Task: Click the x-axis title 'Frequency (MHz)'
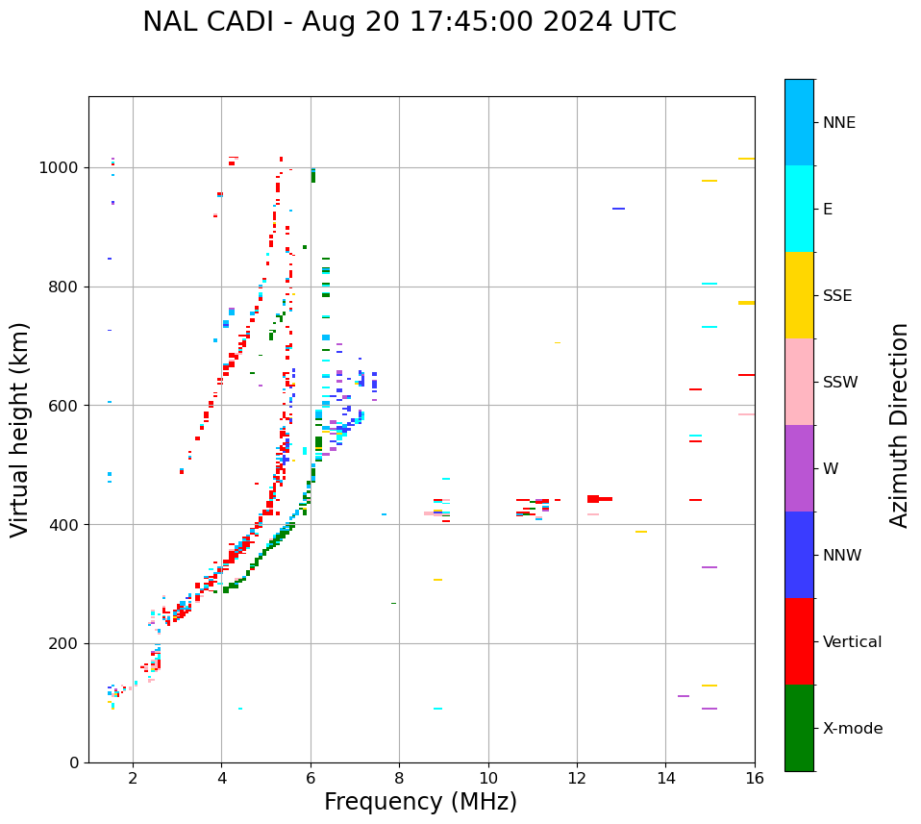pyautogui.click(x=420, y=802)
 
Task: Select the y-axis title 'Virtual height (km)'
pyautogui.click(x=20, y=430)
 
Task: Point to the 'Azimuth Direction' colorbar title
pyautogui.click(x=899, y=425)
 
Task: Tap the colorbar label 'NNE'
pyautogui.click(x=838, y=123)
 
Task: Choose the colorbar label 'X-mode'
pyautogui.click(x=852, y=729)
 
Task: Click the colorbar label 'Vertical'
pyautogui.click(x=852, y=642)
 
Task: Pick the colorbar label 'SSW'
pyautogui.click(x=840, y=383)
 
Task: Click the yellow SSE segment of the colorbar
pyautogui.click(x=799, y=295)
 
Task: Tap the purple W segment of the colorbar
pyautogui.click(x=799, y=468)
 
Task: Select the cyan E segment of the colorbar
pyautogui.click(x=799, y=209)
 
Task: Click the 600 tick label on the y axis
pyautogui.click(x=66, y=406)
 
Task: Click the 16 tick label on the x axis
pyautogui.click(x=755, y=778)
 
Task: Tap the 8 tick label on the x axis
pyautogui.click(x=399, y=778)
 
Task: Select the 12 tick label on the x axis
pyautogui.click(x=577, y=778)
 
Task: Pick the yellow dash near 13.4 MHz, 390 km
pyautogui.click(x=640, y=532)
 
